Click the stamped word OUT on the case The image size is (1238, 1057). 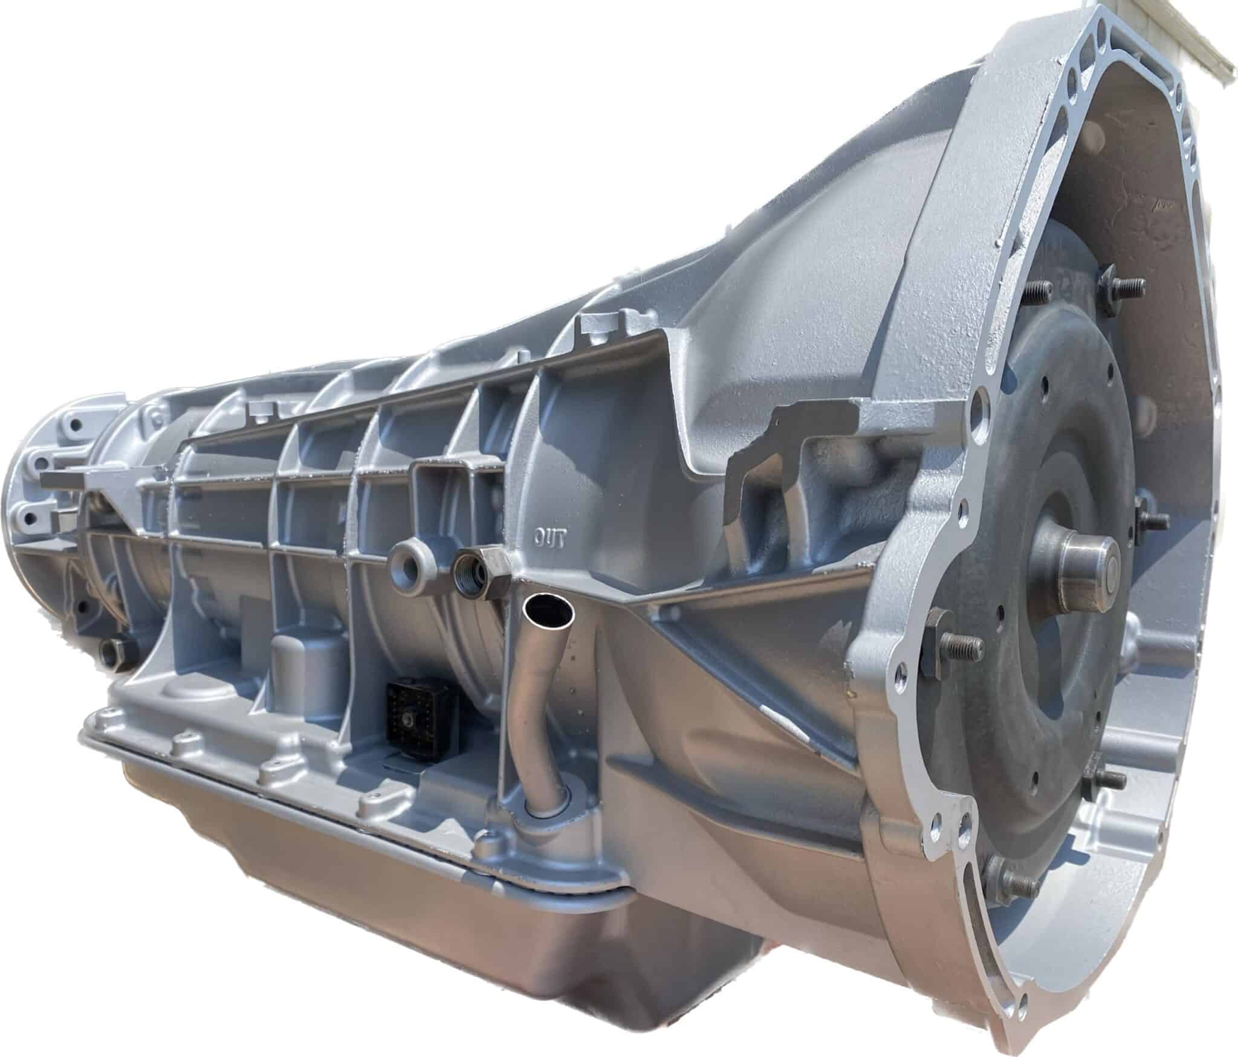[x=549, y=536]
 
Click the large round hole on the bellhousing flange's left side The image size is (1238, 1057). [x=982, y=400]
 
